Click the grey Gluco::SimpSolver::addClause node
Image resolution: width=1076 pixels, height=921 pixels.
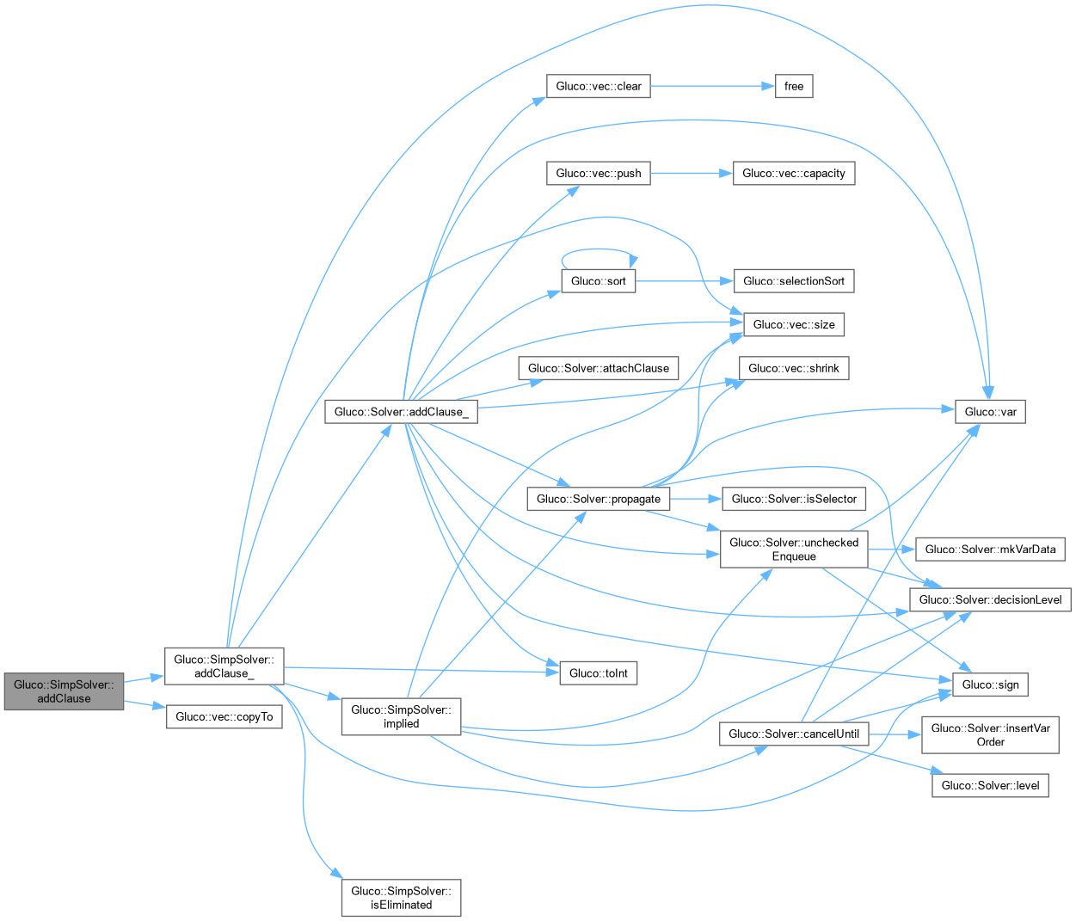tap(64, 691)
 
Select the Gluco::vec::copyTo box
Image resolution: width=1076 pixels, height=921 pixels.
tap(224, 716)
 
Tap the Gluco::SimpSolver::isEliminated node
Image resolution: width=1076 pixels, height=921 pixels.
tap(401, 898)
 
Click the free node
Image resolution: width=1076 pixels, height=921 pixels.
tap(794, 86)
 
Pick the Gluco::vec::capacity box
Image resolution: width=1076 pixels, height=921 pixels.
tap(793, 173)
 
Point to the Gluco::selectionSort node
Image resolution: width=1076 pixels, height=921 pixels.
tap(793, 281)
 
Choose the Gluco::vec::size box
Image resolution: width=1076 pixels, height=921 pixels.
tap(793, 324)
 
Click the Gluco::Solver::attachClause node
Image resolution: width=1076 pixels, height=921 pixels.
tap(598, 368)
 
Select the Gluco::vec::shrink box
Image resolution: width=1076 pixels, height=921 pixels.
tap(793, 368)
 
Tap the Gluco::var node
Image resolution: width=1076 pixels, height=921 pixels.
tap(990, 412)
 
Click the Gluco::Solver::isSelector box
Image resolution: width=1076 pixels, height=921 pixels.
tap(794, 499)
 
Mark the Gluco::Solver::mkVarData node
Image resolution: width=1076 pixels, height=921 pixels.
tap(990, 549)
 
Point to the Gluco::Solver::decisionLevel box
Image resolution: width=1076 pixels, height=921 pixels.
tap(990, 599)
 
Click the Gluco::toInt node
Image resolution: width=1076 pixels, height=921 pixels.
tap(599, 673)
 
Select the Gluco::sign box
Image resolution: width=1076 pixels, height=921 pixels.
tap(990, 685)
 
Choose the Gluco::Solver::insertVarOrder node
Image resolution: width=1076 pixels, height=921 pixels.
tap(990, 734)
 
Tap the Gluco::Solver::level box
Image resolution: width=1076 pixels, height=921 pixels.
tap(990, 785)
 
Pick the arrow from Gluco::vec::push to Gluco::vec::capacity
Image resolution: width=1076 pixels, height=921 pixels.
tap(691, 173)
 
